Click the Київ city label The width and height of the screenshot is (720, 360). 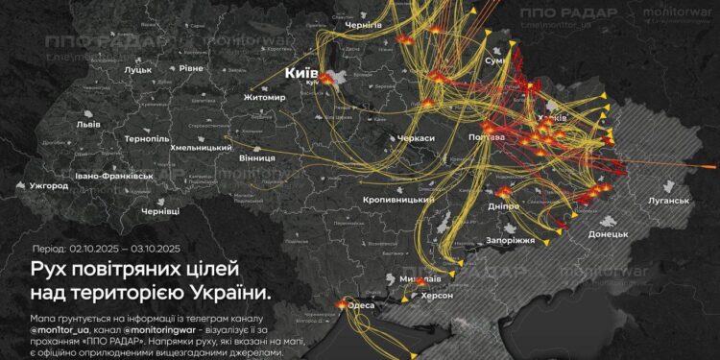(x=303, y=73)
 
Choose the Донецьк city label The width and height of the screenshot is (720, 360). (x=608, y=234)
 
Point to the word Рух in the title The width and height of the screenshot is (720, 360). (x=51, y=268)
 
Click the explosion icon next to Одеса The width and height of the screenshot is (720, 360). (x=341, y=304)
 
